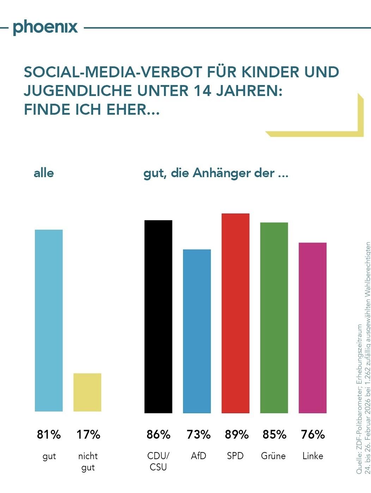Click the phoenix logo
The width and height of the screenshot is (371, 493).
45,28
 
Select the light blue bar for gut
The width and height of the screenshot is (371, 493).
49,320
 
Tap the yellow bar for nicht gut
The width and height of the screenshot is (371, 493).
87,392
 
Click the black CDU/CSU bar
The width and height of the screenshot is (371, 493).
158,317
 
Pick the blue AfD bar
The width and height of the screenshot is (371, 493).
197,331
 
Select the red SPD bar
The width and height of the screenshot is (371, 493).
235,313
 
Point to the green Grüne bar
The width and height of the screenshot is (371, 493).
274,318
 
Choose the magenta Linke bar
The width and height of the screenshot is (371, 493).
312,327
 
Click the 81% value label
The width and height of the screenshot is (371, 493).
49,434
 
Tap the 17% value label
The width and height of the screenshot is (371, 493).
88,434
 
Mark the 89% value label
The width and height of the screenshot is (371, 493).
237,434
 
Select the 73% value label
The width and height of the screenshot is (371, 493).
199,434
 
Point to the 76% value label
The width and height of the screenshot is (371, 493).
313,434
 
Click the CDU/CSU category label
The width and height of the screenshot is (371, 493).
158,461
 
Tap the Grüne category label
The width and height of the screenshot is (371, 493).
273,456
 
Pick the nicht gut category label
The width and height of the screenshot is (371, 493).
88,462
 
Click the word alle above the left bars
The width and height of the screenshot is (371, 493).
44,173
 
